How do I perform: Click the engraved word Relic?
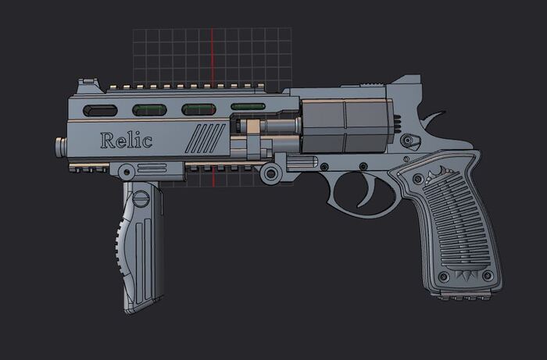(x=126, y=141)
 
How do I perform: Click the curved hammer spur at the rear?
(x=433, y=118)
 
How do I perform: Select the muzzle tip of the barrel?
(x=61, y=147)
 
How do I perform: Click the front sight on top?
(x=87, y=85)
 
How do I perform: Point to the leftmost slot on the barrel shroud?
(x=100, y=110)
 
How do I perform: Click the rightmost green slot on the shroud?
(x=248, y=107)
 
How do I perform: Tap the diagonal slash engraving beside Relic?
(x=205, y=138)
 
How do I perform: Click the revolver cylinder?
(x=345, y=126)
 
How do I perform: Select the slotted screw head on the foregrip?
(x=141, y=199)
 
